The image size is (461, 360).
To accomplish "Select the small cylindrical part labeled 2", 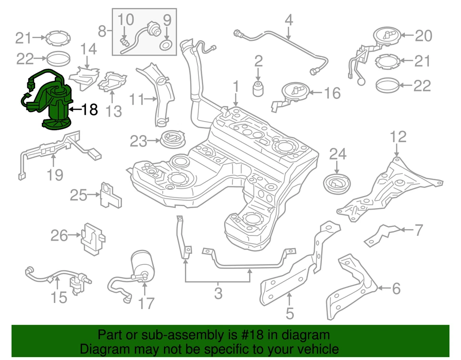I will pyautogui.click(x=258, y=88).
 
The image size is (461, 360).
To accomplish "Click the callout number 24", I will pyautogui.click(x=337, y=154).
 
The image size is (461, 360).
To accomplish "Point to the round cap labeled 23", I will pyautogui.click(x=173, y=140).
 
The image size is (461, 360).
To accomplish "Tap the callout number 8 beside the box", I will pyautogui.click(x=102, y=32).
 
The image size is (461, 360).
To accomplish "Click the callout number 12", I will pyautogui.click(x=398, y=137).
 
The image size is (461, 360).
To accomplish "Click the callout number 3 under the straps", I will pyautogui.click(x=218, y=292).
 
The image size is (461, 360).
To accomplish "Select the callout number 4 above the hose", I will pyautogui.click(x=289, y=20).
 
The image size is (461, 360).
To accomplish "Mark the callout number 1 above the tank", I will pyautogui.click(x=236, y=87).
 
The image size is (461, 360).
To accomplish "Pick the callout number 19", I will pyautogui.click(x=55, y=174).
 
